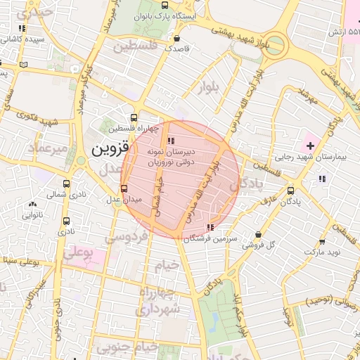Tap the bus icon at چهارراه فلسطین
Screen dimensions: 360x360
(134, 118)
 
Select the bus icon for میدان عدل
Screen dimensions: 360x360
(124, 188)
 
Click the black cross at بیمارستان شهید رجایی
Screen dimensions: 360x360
(310, 145)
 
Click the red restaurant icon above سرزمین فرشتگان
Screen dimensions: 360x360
(211, 227)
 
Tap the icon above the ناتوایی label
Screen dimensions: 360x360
(32, 205)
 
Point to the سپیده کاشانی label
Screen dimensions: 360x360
(24, 39)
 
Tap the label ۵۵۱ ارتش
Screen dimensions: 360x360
(345, 32)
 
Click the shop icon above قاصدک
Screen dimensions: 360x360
(176, 39)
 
